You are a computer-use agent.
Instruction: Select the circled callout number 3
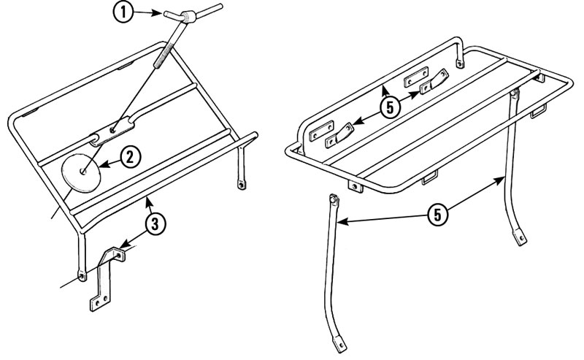tap(153, 225)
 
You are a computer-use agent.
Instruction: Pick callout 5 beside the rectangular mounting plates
tap(390, 106)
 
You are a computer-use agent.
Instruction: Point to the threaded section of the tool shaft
tap(165, 55)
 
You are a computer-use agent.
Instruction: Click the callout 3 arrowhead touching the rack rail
tap(146, 198)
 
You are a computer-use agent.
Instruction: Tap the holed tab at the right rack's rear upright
tap(458, 63)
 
